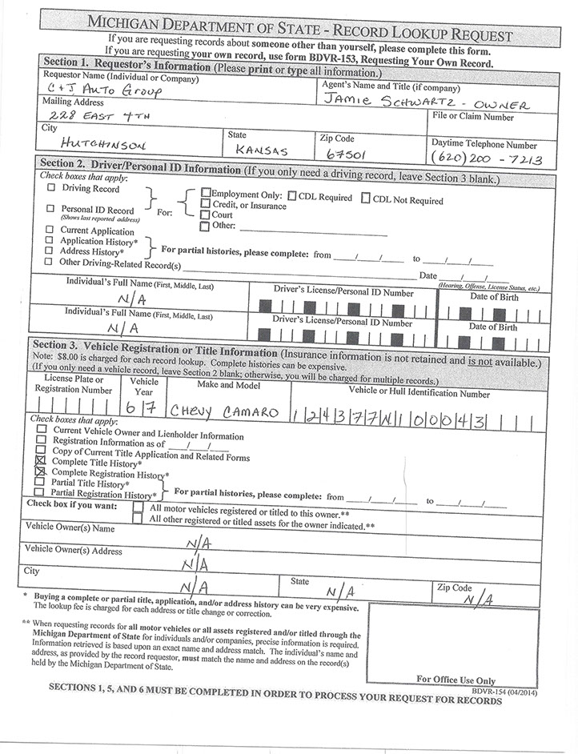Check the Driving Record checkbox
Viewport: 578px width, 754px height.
click(51, 189)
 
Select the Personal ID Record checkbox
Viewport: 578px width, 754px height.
click(51, 209)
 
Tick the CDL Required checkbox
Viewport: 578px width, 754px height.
click(293, 195)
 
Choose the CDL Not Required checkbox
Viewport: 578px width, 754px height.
click(367, 198)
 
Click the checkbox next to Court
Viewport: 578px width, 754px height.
click(205, 215)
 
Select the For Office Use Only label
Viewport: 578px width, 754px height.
click(456, 680)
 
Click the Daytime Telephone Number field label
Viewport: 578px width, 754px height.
click(484, 145)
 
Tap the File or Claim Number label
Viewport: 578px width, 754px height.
click(472, 117)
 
